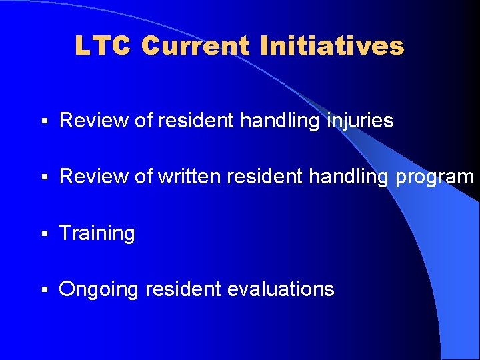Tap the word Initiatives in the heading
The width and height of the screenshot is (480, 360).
point(332,46)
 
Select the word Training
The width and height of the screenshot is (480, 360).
point(97,234)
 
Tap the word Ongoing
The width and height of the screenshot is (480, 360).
point(99,290)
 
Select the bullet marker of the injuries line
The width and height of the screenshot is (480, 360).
point(43,122)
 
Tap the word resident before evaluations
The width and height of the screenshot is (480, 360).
point(183,289)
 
